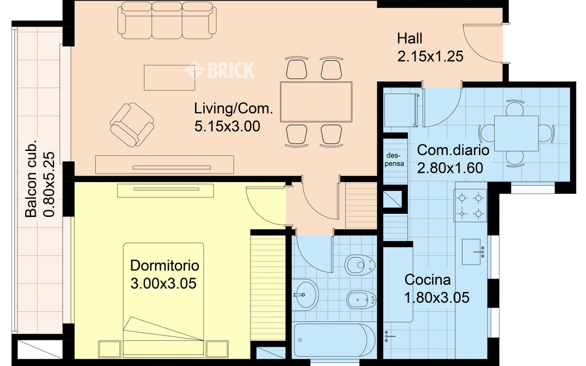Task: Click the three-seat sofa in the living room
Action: tap(167, 21)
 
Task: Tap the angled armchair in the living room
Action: tap(132, 125)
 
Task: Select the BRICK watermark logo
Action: tap(220, 70)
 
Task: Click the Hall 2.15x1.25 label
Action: tap(430, 47)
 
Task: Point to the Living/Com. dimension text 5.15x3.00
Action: tap(227, 126)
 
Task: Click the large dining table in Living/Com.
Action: tap(316, 102)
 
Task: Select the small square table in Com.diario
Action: tap(516, 133)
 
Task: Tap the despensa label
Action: tap(394, 160)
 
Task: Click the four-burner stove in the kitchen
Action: tap(470, 205)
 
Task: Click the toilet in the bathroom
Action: tap(360, 265)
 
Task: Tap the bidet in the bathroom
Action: tap(361, 299)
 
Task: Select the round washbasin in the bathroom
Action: tap(305, 295)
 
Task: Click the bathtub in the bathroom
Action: tap(334, 340)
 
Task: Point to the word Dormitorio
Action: tap(164, 266)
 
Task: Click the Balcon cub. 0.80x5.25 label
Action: tap(40, 181)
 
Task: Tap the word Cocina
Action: tap(428, 280)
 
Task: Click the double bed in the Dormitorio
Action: tap(163, 300)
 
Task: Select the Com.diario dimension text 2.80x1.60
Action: tap(450, 168)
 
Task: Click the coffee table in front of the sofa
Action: tap(169, 78)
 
